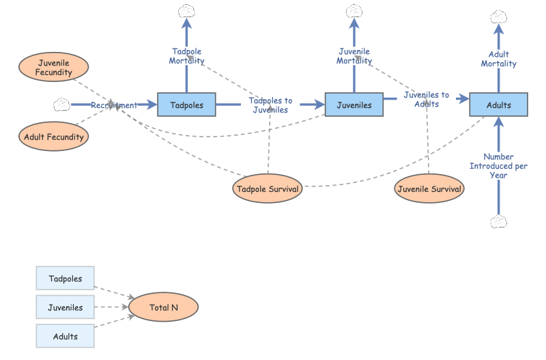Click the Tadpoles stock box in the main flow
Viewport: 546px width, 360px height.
click(186, 105)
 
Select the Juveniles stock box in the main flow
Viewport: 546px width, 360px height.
click(354, 105)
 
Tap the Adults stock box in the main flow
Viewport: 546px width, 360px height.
click(498, 105)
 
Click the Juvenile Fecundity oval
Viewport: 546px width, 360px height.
click(54, 68)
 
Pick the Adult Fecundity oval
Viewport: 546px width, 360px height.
click(54, 137)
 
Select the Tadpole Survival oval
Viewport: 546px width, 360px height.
click(268, 189)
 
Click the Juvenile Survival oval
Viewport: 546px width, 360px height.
click(429, 189)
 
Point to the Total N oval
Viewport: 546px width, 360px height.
click(164, 307)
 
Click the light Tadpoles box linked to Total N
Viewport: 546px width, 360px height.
click(65, 279)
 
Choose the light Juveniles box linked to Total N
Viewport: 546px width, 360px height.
click(65, 307)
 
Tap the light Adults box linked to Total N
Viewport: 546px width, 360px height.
click(65, 336)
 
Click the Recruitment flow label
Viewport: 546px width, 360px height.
click(114, 105)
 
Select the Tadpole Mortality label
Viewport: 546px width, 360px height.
click(186, 56)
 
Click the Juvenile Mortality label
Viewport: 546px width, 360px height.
click(354, 56)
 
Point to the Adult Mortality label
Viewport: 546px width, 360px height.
click(498, 59)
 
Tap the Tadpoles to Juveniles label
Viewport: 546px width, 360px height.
click(270, 105)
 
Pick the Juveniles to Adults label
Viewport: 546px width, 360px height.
click(426, 99)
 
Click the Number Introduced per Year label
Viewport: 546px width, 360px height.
click(498, 166)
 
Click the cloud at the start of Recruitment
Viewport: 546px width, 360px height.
click(61, 105)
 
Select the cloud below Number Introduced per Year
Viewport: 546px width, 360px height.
click(499, 222)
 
